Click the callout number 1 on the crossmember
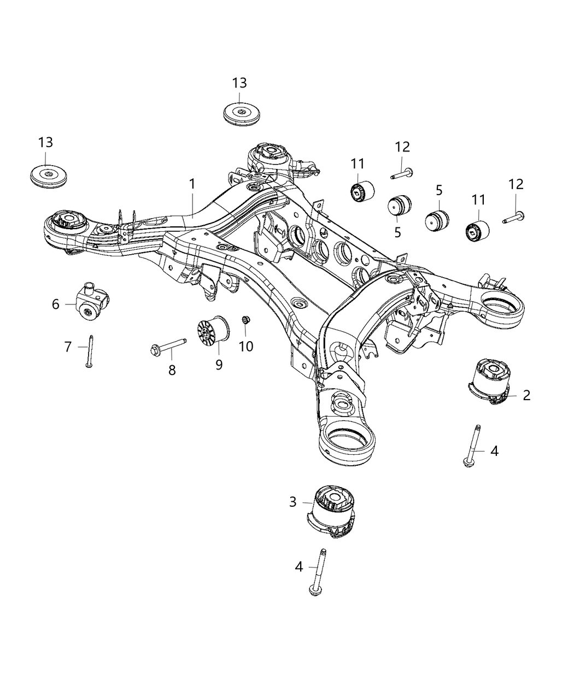192,185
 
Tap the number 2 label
526,395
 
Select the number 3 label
293,501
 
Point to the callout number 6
56,304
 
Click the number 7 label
68,347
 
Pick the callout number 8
172,370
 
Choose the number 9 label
219,365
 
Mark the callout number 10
246,346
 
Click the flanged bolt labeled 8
166,346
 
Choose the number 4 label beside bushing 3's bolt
298,566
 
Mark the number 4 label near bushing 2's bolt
494,451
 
